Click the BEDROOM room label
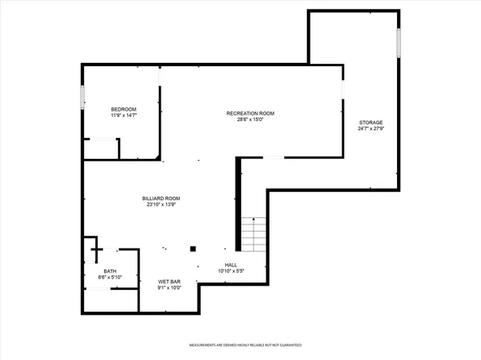pos(123,109)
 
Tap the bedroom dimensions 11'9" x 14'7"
pos(123,116)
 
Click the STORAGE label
pos(371,122)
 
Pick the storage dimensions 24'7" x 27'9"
pos(371,129)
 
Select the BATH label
pos(110,271)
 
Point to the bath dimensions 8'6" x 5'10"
pos(110,278)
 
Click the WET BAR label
pos(169,281)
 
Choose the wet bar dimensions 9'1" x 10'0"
pos(169,287)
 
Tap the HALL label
pos(231,265)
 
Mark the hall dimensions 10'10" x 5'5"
pos(231,271)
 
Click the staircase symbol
pos(255,235)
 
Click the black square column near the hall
pos(193,249)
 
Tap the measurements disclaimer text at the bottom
pos(245,345)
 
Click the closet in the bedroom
pos(101,149)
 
